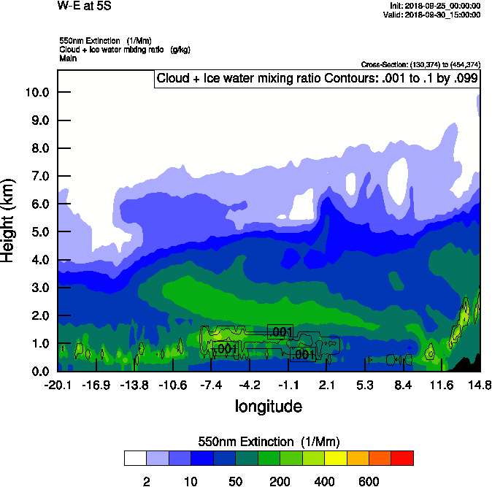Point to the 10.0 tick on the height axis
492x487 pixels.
click(x=36, y=92)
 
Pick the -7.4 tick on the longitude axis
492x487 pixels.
click(x=211, y=385)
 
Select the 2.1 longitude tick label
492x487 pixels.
click(x=326, y=385)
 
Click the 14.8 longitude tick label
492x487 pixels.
click(x=480, y=385)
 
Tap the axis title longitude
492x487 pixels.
click(x=268, y=406)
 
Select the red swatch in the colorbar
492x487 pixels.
click(x=402, y=459)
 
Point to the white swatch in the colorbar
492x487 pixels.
click(x=135, y=459)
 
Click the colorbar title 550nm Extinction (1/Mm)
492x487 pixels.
click(x=268, y=442)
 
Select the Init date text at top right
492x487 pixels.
click(x=435, y=6)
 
